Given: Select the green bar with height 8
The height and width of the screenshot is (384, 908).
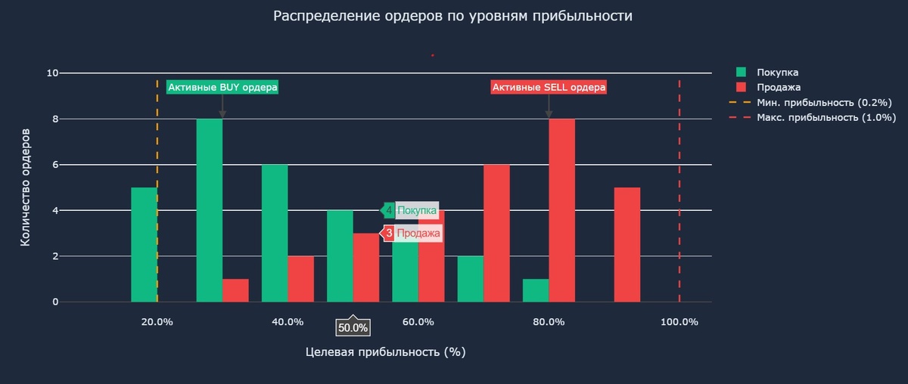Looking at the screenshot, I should pos(210,210).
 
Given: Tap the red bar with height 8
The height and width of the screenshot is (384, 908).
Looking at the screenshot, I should pos(561,210).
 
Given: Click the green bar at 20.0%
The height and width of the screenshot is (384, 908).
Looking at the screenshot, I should pos(144,244).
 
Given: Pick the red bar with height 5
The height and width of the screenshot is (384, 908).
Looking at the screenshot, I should pos(627,244).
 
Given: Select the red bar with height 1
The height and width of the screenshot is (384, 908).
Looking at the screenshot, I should pos(235,290).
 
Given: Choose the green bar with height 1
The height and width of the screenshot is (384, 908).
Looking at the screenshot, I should pos(536,290).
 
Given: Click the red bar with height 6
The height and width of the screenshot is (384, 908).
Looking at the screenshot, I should pos(496,233).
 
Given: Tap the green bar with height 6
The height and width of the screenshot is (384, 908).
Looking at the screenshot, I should pos(275,233).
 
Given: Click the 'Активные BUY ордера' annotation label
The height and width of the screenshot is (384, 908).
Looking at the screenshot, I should pos(222,88).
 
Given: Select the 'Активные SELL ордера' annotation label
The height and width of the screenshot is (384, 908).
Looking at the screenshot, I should pos(549,88).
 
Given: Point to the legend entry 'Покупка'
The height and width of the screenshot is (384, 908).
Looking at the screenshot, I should pos(779,73).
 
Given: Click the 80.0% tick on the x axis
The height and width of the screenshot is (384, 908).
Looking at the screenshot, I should pos(549,322).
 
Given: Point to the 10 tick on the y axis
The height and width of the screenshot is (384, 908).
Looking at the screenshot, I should pos(52,73).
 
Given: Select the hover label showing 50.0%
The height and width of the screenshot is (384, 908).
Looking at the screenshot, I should pos(353,328).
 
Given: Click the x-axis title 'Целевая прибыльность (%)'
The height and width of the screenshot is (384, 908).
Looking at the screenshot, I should pos(385,352).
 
